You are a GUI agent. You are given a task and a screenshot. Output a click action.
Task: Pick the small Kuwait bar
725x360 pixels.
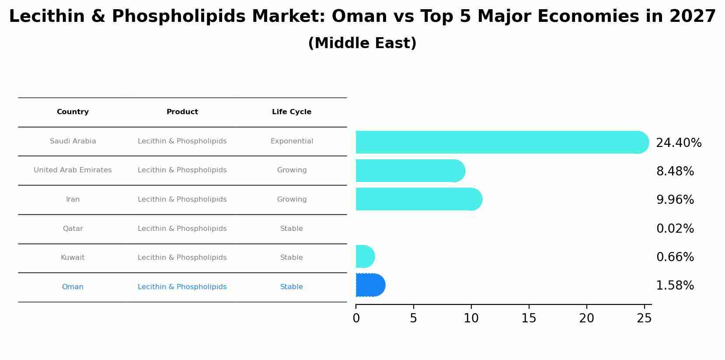pos(364,256)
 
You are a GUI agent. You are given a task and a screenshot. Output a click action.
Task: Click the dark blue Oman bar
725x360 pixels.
pos(370,285)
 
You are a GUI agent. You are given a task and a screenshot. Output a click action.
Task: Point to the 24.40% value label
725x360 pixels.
pos(678,143)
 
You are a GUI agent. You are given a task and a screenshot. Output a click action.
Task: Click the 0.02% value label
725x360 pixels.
pos(675,229)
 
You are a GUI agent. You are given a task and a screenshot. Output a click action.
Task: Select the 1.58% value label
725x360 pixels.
pos(675,286)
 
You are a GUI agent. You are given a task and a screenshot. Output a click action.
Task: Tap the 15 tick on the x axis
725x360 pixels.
pos(529,318)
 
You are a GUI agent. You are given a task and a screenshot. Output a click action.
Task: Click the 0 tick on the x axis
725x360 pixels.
pos(356,318)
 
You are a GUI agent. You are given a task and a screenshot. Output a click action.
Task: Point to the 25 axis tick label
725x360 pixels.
pos(644,318)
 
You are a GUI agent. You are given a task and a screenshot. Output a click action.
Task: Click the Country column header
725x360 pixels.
pos(73,112)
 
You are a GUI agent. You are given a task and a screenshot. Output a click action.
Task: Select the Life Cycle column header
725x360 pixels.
pos(292,112)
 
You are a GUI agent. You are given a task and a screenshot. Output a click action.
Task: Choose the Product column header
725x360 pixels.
pos(182,112)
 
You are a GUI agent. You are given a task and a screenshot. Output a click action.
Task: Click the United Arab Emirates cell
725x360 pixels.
pos(73,170)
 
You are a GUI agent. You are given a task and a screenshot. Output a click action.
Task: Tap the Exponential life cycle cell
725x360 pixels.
pos(292,141)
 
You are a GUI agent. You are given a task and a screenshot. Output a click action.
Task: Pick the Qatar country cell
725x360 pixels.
pos(73,229)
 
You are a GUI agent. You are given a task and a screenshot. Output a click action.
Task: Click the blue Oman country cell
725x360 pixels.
pos(73,287)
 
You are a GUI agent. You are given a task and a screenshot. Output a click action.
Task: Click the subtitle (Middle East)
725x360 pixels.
pos(362,43)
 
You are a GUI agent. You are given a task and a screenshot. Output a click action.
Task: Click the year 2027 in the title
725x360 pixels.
pos(692,17)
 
